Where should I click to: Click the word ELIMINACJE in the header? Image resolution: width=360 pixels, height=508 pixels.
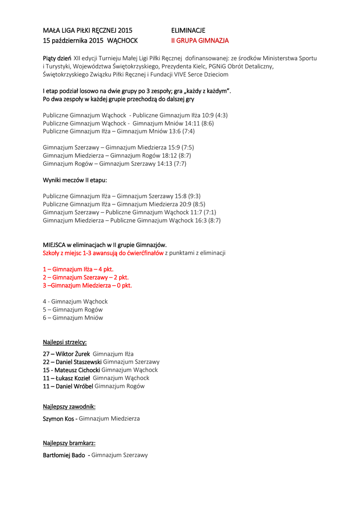[x=188, y=31]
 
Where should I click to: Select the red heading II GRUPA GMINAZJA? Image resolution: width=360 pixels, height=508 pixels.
[x=200, y=41]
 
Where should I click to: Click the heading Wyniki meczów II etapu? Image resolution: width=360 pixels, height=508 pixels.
[x=75, y=180]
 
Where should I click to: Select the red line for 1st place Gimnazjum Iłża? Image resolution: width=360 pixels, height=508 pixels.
[x=78, y=269]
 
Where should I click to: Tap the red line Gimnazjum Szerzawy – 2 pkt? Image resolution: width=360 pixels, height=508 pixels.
[x=85, y=277]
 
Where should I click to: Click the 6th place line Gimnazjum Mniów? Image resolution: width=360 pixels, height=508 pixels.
[x=73, y=317]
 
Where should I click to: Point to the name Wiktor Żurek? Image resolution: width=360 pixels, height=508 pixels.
[x=72, y=354]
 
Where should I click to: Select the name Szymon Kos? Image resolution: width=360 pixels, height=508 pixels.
[x=59, y=418]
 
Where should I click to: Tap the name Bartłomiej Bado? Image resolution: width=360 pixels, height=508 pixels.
[x=64, y=455]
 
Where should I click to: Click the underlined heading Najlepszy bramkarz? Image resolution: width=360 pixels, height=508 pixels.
[x=70, y=443]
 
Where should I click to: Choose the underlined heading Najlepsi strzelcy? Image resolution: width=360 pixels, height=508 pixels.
[x=65, y=342]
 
